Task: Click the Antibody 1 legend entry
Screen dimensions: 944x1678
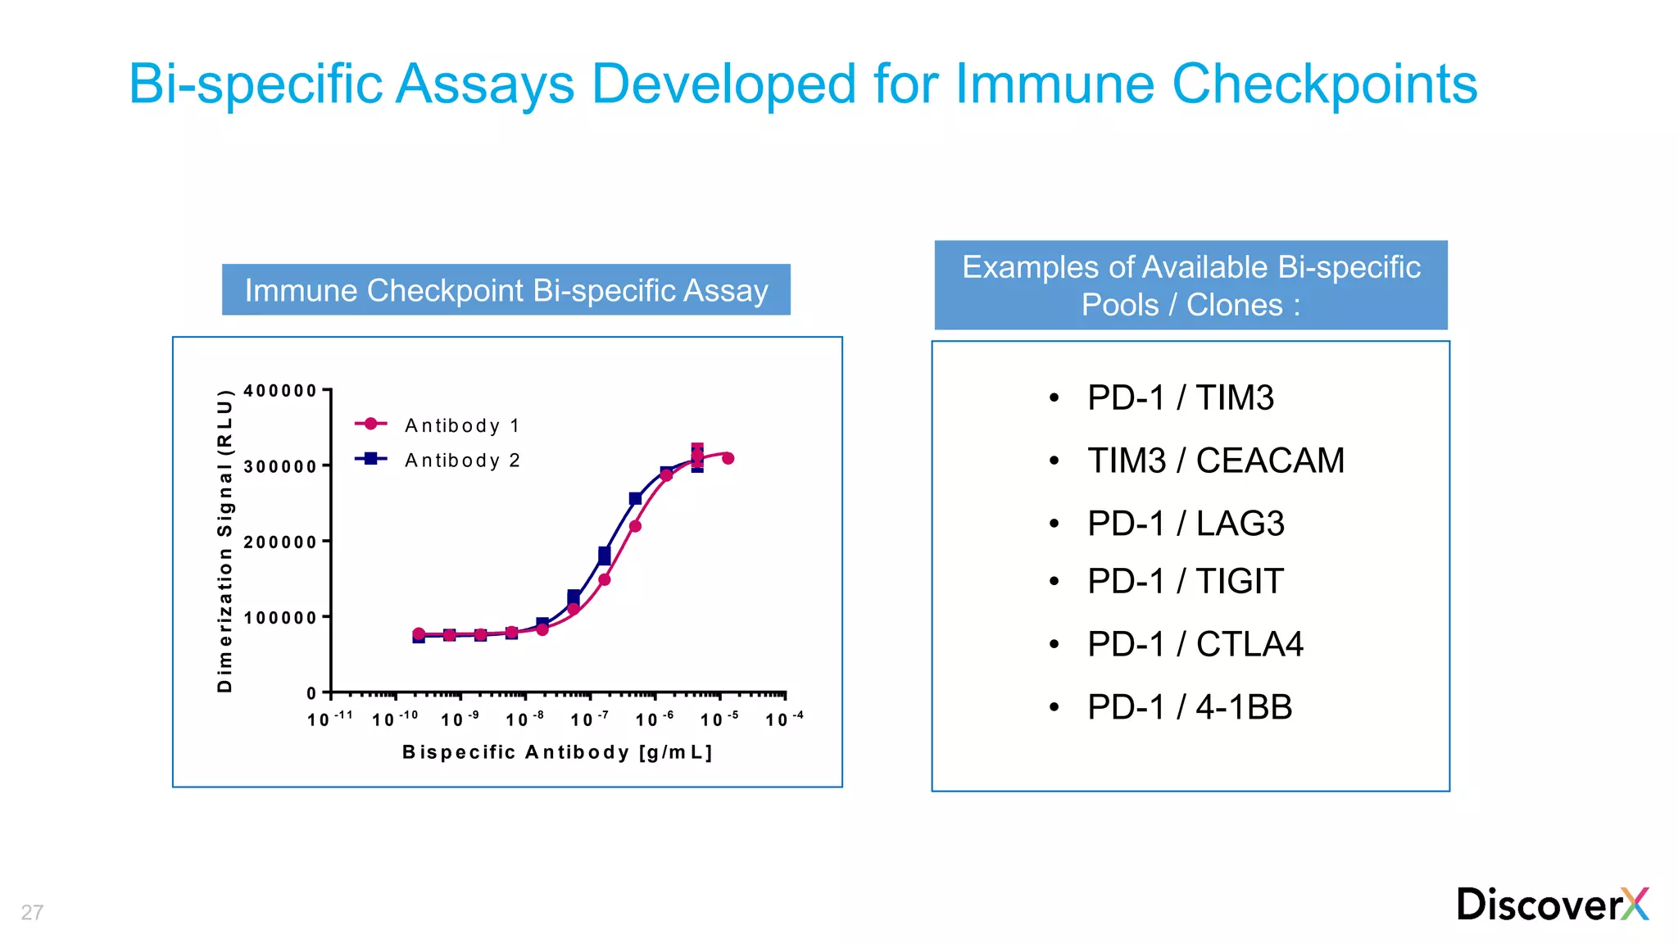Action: pos(461,425)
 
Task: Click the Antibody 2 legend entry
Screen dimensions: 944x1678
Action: pos(461,461)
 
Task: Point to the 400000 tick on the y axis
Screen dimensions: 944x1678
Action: pos(280,391)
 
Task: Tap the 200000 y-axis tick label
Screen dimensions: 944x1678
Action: pos(280,542)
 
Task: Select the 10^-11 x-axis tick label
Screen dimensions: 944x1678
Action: pos(329,719)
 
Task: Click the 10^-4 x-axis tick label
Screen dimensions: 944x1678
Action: pos(783,719)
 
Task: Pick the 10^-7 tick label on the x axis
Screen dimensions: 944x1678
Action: pos(589,719)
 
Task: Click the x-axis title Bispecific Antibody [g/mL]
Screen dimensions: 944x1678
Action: pos(557,752)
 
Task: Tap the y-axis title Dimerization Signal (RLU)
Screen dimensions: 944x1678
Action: pos(225,541)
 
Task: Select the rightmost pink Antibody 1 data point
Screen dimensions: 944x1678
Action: pos(728,458)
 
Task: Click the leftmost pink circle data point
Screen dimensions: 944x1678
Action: pos(419,633)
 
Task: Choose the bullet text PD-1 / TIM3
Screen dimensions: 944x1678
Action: pos(1180,398)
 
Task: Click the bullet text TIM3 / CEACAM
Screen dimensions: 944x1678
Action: pos(1215,461)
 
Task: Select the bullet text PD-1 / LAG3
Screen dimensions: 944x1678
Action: pos(1185,524)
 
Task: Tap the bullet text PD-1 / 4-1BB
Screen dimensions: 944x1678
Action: pos(1189,707)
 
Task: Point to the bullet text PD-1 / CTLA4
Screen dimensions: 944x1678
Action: pos(1195,644)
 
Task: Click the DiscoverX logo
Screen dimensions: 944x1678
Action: pos(1552,905)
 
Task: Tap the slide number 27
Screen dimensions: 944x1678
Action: pos(32,912)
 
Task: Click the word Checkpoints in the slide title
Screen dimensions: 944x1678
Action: pos(1324,84)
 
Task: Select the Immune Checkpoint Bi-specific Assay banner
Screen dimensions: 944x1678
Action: pos(506,290)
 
